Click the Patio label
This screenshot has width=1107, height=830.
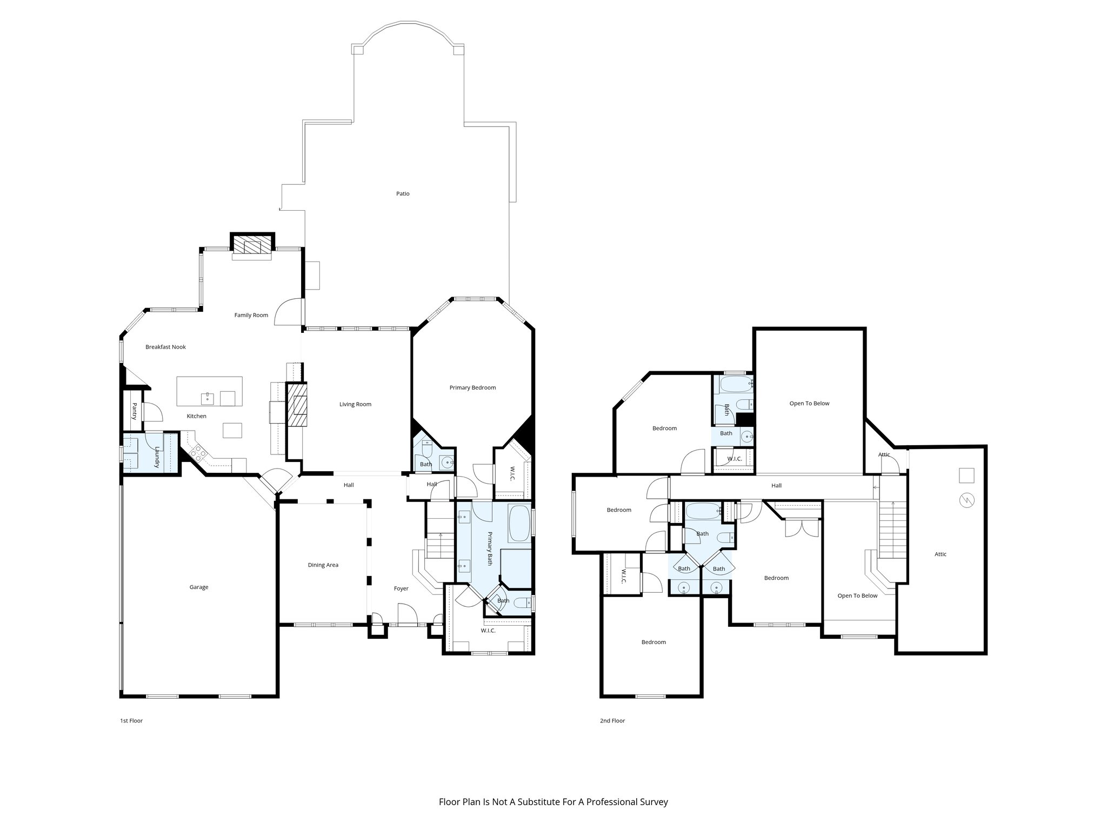(x=402, y=193)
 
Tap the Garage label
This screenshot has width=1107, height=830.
(x=198, y=587)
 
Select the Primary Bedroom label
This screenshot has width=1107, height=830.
(x=472, y=387)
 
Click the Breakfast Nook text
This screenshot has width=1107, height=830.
(x=165, y=347)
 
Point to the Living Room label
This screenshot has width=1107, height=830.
(x=355, y=404)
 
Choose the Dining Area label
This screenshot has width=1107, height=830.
(x=323, y=565)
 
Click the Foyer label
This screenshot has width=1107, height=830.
(x=401, y=588)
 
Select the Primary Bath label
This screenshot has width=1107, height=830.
(x=490, y=548)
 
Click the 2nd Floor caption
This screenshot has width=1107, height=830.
(x=612, y=720)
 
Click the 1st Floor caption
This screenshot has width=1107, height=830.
(x=131, y=720)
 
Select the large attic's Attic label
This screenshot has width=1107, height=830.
(x=940, y=554)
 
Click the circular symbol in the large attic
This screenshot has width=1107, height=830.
(x=965, y=501)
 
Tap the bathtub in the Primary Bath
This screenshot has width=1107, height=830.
(x=520, y=523)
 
